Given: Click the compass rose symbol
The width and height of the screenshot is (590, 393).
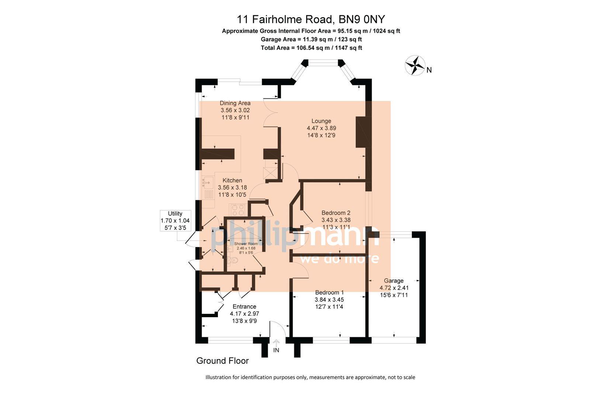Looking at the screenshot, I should [415, 65].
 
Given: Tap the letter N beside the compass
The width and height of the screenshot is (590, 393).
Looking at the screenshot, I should [429, 70].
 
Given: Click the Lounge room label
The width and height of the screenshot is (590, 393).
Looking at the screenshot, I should [321, 121].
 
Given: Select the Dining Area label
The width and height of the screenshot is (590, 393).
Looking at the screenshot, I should [235, 103].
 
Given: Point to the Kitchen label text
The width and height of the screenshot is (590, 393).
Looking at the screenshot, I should [232, 180].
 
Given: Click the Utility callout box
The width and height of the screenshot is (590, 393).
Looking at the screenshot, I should [175, 220].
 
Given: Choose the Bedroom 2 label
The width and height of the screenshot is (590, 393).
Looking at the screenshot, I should [336, 213].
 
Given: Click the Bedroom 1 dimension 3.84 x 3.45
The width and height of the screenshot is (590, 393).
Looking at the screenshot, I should [329, 300].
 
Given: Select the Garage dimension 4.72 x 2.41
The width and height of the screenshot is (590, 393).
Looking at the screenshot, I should [394, 288].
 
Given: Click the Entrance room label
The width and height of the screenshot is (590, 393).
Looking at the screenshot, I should [244, 306].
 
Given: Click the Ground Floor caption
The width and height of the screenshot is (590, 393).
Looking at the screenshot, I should [222, 361].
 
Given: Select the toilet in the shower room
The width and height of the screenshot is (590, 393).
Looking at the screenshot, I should [233, 260].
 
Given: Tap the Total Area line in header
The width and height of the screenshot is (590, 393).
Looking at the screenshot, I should [311, 48].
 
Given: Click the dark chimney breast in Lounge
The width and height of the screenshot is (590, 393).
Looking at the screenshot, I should [363, 132].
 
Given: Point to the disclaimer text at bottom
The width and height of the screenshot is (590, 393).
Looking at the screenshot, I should [310, 377].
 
